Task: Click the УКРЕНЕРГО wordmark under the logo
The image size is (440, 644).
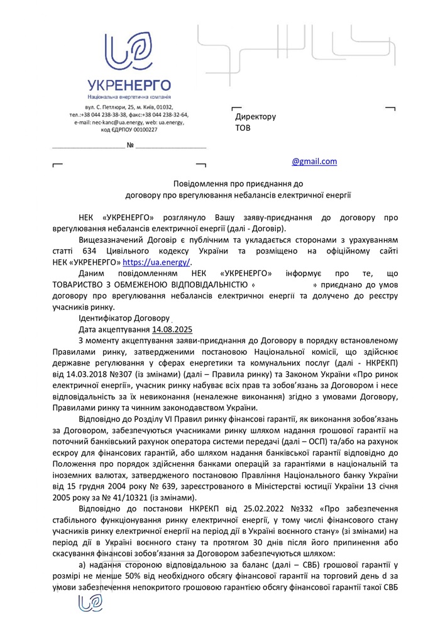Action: pyautogui.click(x=129, y=86)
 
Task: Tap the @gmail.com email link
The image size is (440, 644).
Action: pyautogui.click(x=314, y=162)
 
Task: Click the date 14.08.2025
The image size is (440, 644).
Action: pyautogui.click(x=172, y=330)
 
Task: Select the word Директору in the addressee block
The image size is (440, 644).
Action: pyautogui.click(x=256, y=117)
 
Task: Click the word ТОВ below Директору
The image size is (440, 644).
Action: pyautogui.click(x=243, y=128)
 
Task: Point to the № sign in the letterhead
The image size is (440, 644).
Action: pyautogui.click(x=131, y=146)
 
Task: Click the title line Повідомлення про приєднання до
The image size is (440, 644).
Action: pyautogui.click(x=238, y=184)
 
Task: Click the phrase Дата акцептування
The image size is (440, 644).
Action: pyautogui.click(x=114, y=330)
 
